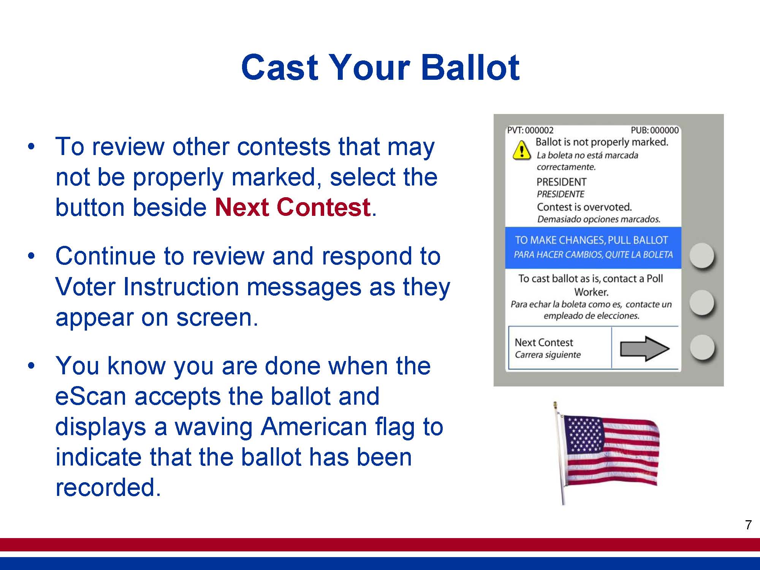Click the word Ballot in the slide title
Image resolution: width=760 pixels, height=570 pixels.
[x=470, y=67]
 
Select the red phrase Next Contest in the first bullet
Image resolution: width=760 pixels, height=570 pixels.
[x=293, y=207]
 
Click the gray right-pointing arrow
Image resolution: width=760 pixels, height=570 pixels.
[x=644, y=348]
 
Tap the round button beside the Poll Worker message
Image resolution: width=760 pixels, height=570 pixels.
[x=702, y=302]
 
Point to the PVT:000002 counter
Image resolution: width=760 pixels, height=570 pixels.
[x=530, y=130]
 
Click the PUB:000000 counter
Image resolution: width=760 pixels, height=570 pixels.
[x=655, y=130]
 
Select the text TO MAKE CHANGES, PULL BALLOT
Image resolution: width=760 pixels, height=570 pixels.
[x=591, y=240]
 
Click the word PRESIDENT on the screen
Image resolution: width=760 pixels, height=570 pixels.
[x=561, y=182]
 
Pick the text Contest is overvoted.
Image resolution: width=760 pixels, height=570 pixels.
[x=584, y=207]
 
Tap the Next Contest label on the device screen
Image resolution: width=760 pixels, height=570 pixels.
[x=544, y=342]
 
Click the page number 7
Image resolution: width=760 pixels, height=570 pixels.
[x=748, y=525]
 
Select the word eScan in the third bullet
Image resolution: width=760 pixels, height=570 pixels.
[x=90, y=396]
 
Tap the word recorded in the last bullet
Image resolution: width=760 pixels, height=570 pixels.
[x=108, y=487]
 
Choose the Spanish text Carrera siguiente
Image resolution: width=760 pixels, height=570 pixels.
[x=548, y=355]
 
